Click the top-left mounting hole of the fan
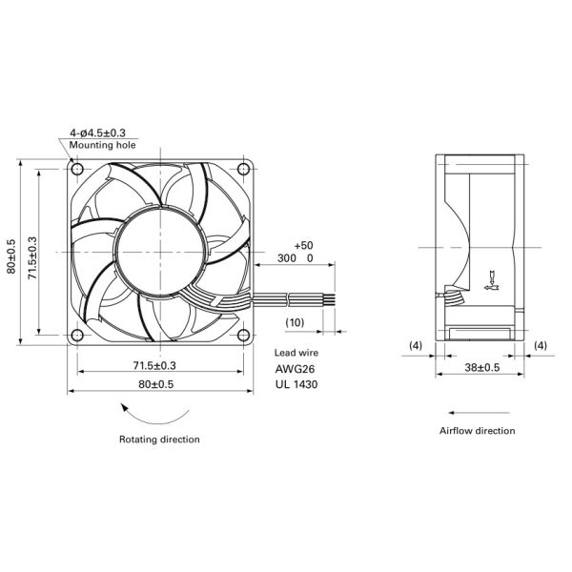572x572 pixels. [76, 169]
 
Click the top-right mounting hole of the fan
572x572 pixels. [243, 169]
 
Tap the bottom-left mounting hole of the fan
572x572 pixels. [76, 336]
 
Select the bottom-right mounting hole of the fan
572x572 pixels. [243, 336]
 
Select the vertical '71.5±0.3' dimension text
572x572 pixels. [32, 252]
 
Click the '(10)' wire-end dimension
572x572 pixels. [296, 322]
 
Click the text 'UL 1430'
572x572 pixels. [296, 385]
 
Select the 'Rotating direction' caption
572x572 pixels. [159, 439]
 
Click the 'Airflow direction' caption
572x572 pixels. [477, 431]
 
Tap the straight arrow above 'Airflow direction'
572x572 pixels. [477, 412]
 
